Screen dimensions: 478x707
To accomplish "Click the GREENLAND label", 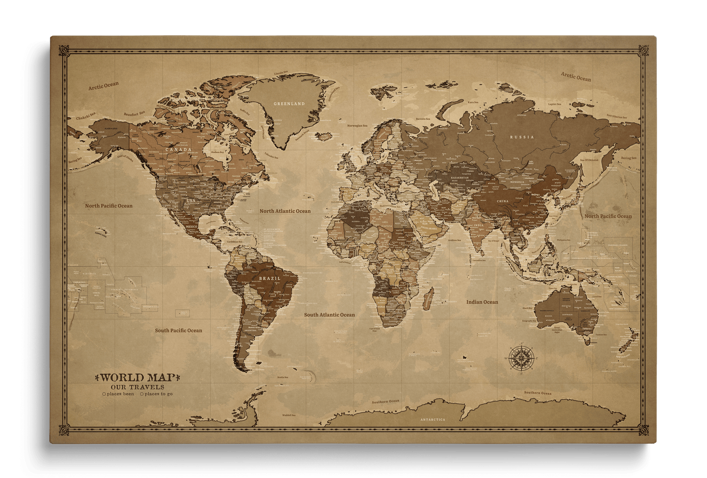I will [289, 104].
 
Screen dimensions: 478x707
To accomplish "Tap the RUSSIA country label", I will [522, 137].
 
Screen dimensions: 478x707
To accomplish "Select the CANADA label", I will [178, 150].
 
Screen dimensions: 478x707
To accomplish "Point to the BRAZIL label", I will [270, 278].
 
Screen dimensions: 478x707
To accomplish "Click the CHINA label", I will [502, 201].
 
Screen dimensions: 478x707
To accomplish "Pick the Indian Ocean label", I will [482, 302].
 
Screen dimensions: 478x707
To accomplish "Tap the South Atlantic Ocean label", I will [329, 315].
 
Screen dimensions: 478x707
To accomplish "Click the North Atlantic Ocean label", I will [285, 211].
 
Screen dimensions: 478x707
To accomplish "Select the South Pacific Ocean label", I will [178, 330].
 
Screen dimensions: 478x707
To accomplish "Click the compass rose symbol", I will [520, 357].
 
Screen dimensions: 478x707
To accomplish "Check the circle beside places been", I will [104, 394].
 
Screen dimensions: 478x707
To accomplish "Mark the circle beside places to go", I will [142, 394].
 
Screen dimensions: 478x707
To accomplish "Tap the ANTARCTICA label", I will [433, 420].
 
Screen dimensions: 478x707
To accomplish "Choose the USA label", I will [190, 201].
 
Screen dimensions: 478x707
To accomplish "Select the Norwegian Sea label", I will [357, 126].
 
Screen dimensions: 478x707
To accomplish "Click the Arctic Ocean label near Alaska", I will [103, 86].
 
